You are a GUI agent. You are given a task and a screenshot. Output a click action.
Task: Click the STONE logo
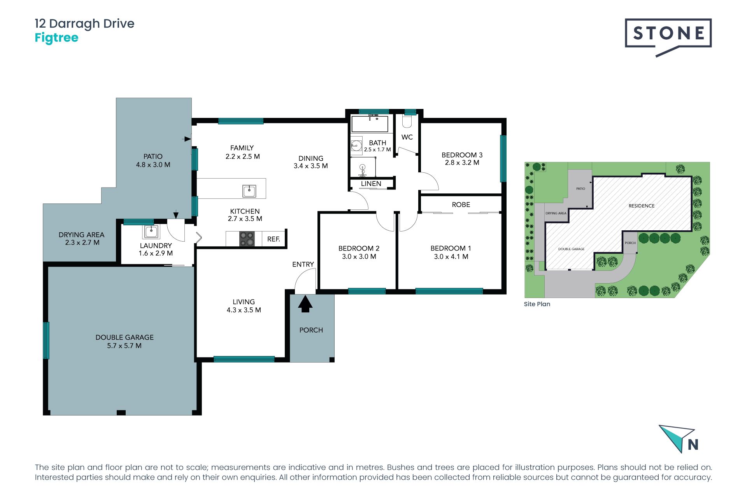[x=668, y=37]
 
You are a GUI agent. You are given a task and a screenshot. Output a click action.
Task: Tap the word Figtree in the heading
[x=56, y=38]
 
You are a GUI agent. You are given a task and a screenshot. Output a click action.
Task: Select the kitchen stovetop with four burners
[x=246, y=238]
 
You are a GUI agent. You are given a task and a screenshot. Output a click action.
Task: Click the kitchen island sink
[x=249, y=191]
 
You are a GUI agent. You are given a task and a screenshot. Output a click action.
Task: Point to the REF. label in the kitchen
[x=274, y=239]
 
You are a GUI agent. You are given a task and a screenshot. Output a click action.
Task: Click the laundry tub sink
[x=151, y=231]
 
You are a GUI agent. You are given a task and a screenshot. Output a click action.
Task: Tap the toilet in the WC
[x=407, y=121]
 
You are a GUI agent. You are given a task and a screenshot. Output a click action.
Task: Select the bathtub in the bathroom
[x=370, y=124]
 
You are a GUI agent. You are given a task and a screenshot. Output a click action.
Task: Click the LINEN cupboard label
[x=371, y=184]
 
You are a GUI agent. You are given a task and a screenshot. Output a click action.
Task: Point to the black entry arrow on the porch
[x=305, y=304]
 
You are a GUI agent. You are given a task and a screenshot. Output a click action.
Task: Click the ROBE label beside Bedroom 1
[x=461, y=205]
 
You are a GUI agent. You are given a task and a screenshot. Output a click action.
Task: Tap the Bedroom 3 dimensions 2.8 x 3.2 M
[x=462, y=163]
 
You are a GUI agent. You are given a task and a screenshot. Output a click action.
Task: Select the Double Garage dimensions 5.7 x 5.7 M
[x=124, y=345]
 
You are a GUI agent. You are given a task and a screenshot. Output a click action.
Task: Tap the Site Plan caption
[x=537, y=304]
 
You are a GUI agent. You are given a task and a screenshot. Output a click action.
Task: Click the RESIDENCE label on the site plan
[x=642, y=206]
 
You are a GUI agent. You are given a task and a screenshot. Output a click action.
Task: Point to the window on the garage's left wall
[x=46, y=340]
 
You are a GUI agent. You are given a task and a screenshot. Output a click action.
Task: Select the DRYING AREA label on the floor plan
[x=81, y=235]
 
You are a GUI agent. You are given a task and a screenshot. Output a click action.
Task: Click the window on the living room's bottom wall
[x=244, y=359]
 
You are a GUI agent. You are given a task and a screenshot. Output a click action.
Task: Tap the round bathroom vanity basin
[x=356, y=146]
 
